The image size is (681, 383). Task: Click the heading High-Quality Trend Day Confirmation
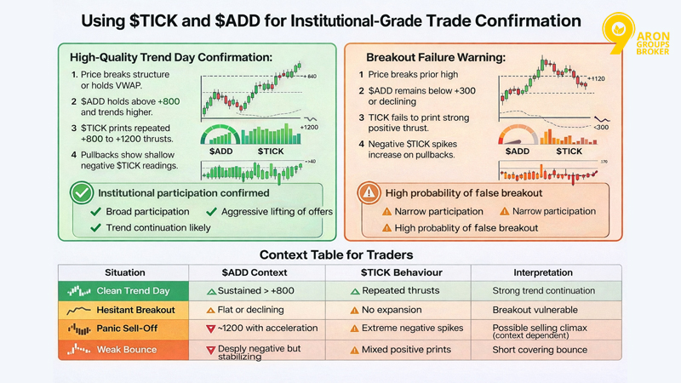coord(170,58)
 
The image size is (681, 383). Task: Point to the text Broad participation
coord(147,211)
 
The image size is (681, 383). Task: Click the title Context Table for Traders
coord(340,254)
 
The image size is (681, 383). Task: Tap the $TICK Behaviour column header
coord(398,272)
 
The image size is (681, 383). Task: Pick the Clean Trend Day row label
coord(133,291)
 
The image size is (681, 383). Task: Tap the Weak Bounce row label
coord(128,349)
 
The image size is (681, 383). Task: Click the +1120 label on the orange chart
coord(598,78)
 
